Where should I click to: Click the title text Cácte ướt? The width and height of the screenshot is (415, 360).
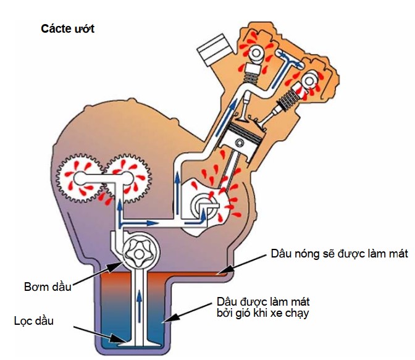67,28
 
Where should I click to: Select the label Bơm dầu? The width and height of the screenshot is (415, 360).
48,287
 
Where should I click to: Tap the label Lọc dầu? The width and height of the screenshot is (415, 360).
33,321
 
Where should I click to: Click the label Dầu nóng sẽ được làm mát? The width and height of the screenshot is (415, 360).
339,254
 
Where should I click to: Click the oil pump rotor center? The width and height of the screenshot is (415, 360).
138,254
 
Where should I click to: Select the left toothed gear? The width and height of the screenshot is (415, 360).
78,179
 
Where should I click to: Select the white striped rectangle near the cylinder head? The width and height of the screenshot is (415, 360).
215,49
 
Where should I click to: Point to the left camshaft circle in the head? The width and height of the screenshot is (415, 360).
256,53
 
